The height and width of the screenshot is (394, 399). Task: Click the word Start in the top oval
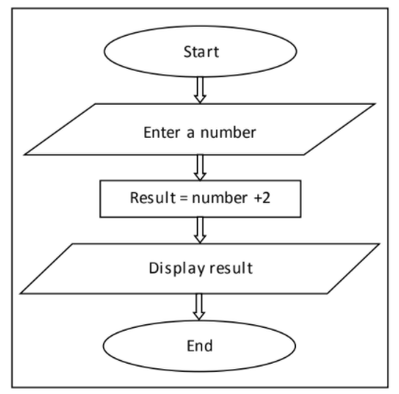[x=199, y=49]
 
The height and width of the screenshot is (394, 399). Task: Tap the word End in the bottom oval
[x=199, y=345]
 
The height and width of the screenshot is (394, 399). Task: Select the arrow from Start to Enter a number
[x=199, y=89]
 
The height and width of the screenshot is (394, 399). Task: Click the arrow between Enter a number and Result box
[x=199, y=166]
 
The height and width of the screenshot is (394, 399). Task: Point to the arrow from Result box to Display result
[x=199, y=230]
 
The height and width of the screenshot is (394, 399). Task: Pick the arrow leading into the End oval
[x=199, y=307]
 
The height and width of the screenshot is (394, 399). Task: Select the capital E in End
[x=189, y=345]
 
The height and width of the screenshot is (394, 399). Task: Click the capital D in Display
[x=154, y=269]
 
